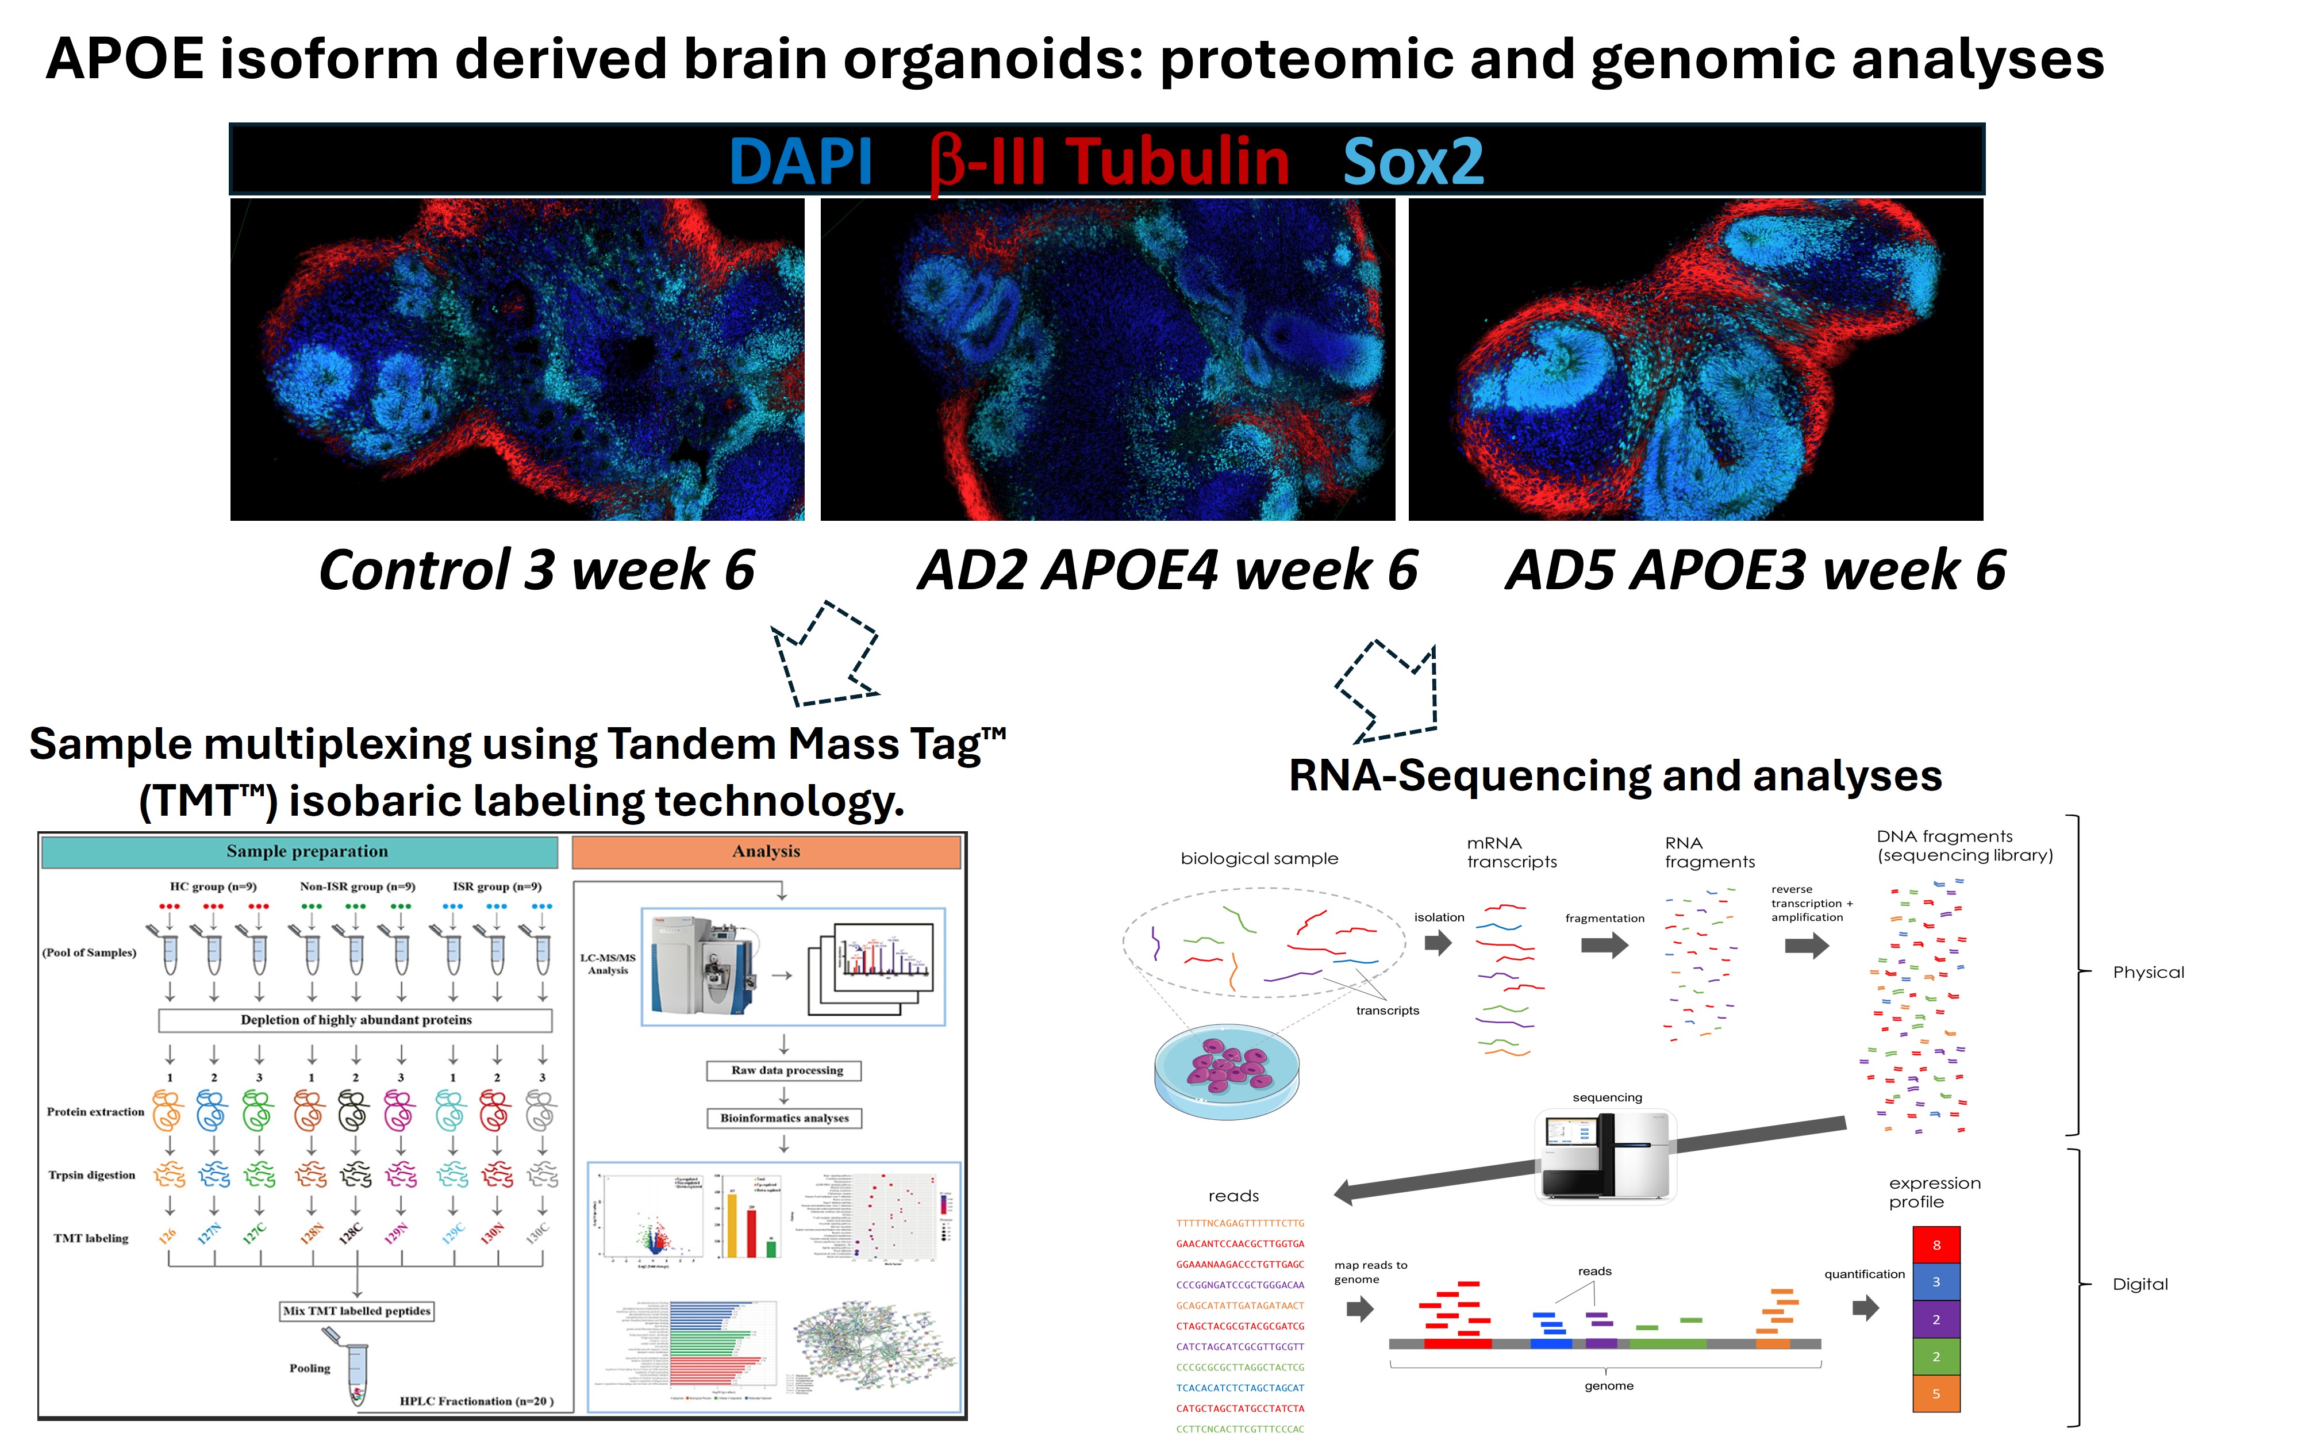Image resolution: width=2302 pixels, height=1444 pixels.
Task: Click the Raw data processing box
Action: (x=784, y=1070)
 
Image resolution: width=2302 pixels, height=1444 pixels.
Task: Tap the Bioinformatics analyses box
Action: (x=784, y=1118)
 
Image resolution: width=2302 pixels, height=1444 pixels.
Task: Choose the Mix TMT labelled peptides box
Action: (x=356, y=1311)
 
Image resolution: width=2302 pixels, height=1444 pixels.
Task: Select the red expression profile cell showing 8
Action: (x=1935, y=1245)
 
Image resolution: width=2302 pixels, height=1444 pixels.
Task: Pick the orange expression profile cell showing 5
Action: (x=1935, y=1393)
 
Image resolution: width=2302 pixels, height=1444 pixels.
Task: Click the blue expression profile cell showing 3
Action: (x=1935, y=1282)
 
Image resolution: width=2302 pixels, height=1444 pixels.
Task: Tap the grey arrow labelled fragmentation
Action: (x=1604, y=946)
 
